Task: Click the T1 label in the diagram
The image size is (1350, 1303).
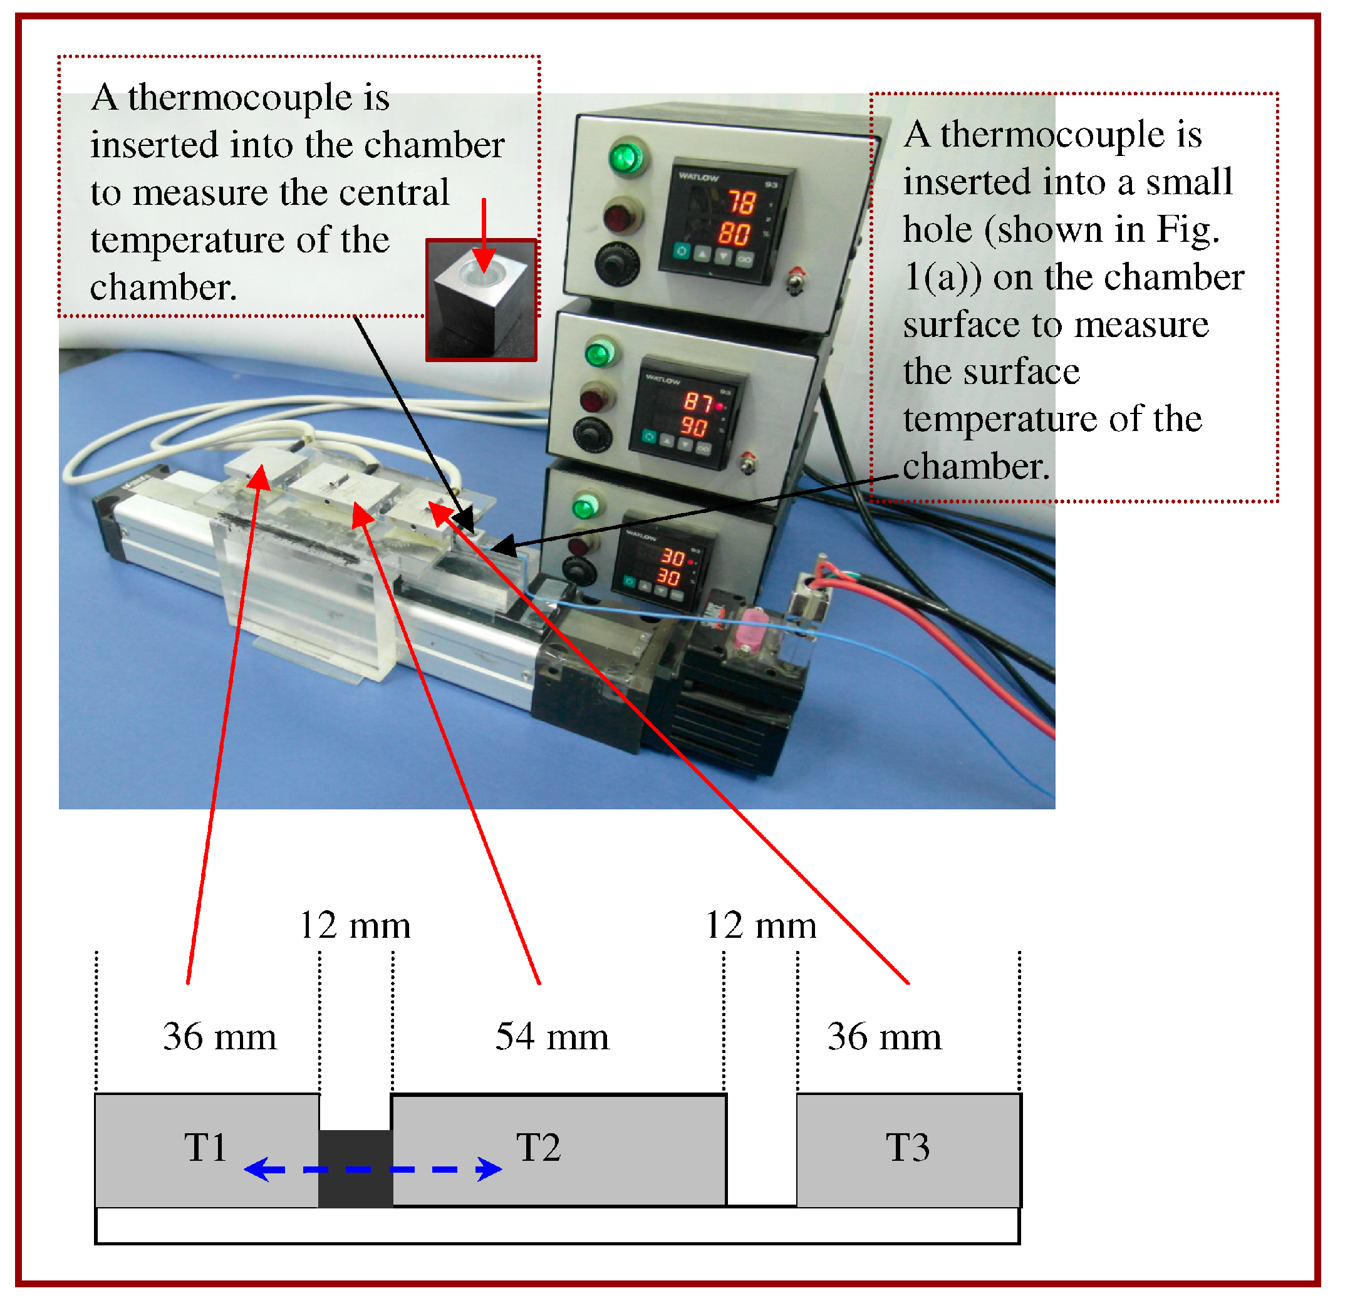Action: point(205,1148)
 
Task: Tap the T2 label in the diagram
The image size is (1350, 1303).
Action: point(539,1148)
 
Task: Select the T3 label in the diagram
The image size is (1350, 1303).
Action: point(908,1148)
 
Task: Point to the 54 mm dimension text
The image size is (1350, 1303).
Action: point(553,1037)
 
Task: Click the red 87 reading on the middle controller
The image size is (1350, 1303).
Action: point(698,402)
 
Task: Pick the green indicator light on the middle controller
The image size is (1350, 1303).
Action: point(600,354)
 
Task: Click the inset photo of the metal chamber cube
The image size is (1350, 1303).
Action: point(482,301)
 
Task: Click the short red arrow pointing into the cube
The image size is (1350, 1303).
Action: point(484,234)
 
